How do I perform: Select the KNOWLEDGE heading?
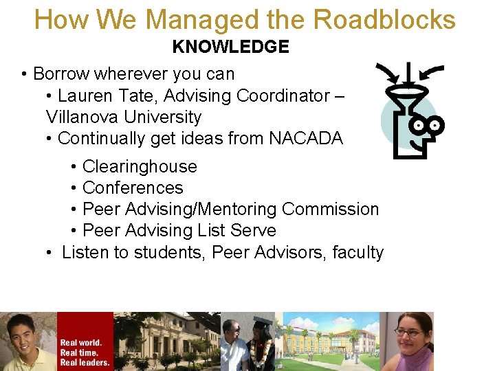230,47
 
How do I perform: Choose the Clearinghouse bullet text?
140,166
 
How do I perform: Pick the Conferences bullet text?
133,188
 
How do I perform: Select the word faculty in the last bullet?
357,252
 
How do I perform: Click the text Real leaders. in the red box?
85,362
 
